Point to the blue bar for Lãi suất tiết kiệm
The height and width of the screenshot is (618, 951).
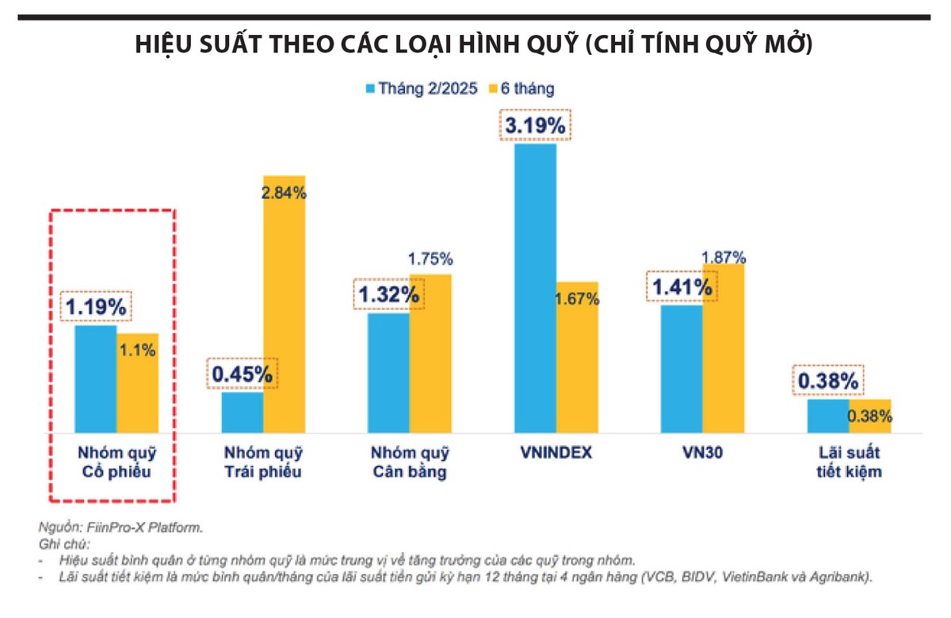pos(828,416)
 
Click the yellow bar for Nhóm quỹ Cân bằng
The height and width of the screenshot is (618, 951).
pos(430,353)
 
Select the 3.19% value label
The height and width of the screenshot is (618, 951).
pos(533,125)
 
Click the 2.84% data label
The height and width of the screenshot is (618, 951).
pos(284,192)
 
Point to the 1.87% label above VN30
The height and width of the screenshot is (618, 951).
pos(723,256)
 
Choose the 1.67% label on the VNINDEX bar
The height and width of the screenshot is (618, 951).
pos(577,299)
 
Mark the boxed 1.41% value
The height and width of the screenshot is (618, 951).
pos(682,287)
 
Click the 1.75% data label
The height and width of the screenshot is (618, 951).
pos(430,259)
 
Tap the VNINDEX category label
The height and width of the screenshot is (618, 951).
pos(556,454)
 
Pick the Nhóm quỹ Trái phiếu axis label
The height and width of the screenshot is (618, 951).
pos(263,463)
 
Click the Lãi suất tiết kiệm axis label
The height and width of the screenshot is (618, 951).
pos(849,463)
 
